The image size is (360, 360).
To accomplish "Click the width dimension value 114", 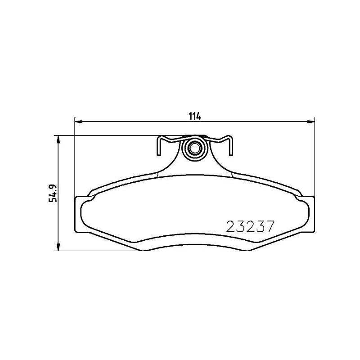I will (x=194, y=116).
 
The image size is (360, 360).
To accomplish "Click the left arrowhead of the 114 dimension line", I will (x=78, y=121).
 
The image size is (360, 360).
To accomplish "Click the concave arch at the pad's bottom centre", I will (x=194, y=247).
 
